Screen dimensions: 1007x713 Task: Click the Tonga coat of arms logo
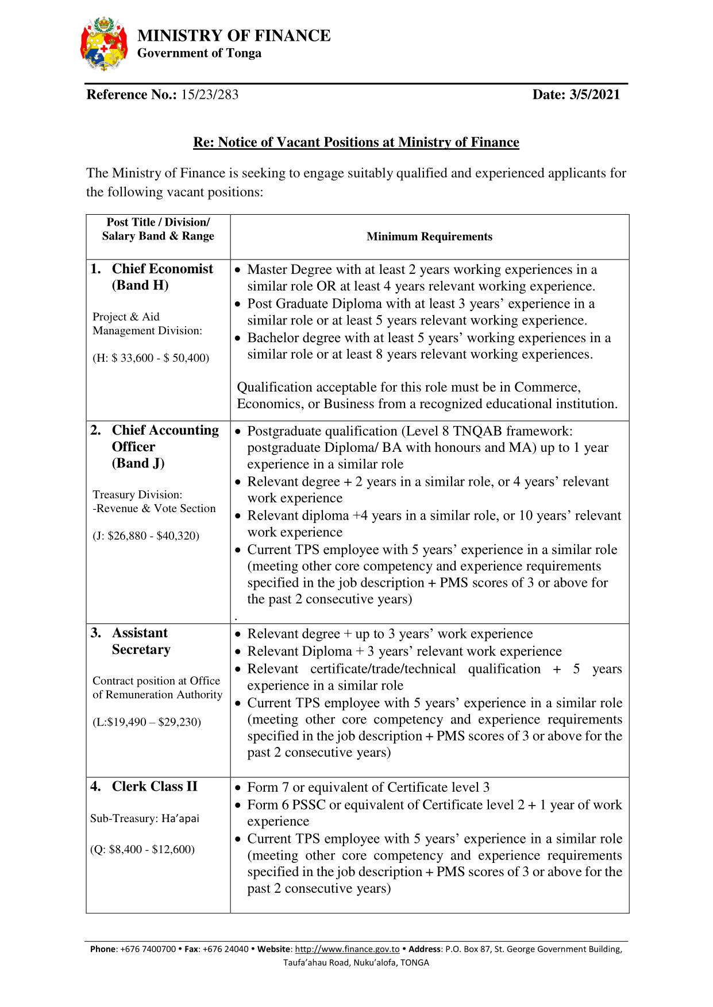[104, 44]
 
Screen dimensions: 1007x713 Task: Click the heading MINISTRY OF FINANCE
[234, 36]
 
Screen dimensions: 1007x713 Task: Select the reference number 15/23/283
[210, 95]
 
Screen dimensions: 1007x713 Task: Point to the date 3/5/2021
[595, 95]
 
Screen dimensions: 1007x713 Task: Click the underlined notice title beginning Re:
[356, 142]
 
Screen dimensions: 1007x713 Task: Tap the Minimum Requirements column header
[429, 237]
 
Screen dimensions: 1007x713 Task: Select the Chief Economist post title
[162, 269]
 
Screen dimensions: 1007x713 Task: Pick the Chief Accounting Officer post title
[165, 438]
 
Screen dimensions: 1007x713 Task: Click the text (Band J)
[138, 463]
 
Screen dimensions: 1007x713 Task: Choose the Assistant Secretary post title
[141, 641]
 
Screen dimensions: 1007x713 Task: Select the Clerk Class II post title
[154, 787]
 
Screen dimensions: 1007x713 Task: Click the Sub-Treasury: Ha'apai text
[145, 819]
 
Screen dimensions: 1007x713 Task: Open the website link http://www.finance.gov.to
[347, 949]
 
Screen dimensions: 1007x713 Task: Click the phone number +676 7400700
[148, 949]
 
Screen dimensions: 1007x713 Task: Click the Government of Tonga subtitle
[199, 53]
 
